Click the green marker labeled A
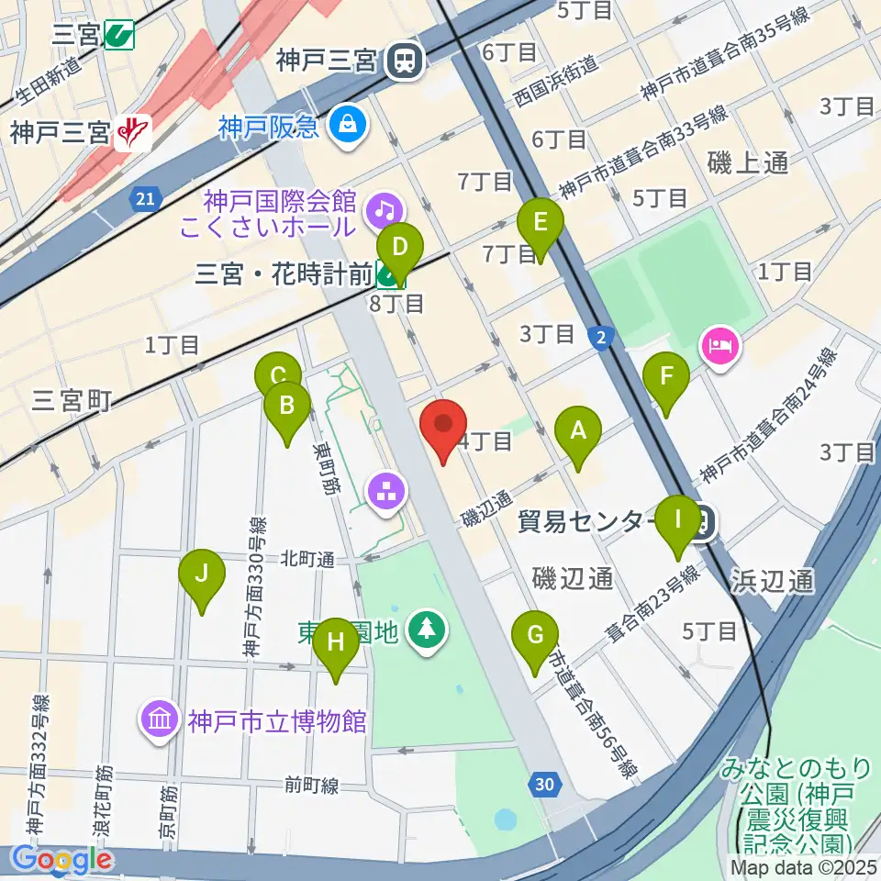pos(578,431)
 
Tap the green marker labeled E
pos(540,224)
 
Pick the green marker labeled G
pos(536,636)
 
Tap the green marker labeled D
pos(399,249)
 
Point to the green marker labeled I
pos(678,520)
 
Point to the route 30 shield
pos(544,783)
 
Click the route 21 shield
pos(145,199)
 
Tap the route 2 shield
pos(601,339)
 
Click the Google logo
pos(61,860)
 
